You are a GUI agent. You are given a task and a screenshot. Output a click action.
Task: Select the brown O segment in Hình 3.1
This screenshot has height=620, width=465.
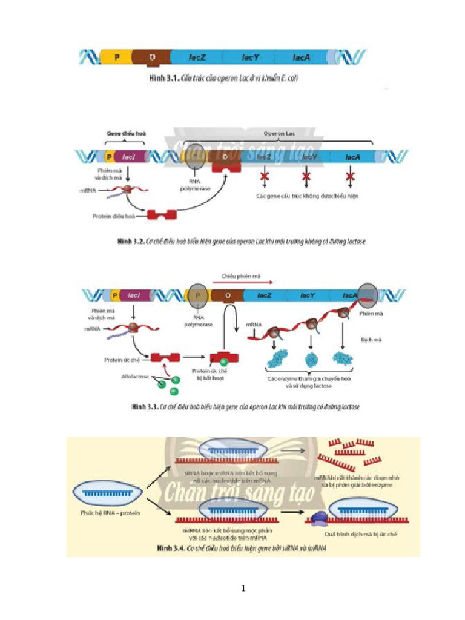pos(151,58)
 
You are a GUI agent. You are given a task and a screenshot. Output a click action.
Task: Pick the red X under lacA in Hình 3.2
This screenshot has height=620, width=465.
pos(350,177)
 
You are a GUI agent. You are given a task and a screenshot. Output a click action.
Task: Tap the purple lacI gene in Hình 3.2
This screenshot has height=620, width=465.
pos(128,157)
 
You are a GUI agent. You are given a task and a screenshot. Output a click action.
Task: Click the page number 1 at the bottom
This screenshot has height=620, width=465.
pos(243,588)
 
